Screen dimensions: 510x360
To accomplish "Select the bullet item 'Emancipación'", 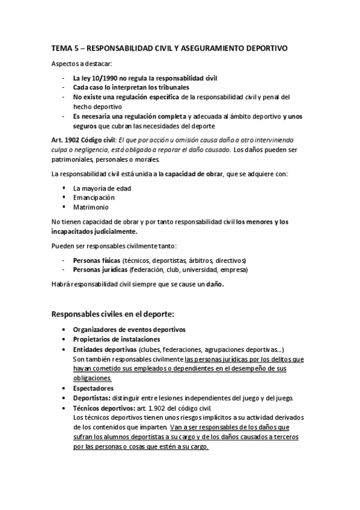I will click(94, 197).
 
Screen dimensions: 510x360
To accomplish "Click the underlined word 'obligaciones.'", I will click(92, 378).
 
